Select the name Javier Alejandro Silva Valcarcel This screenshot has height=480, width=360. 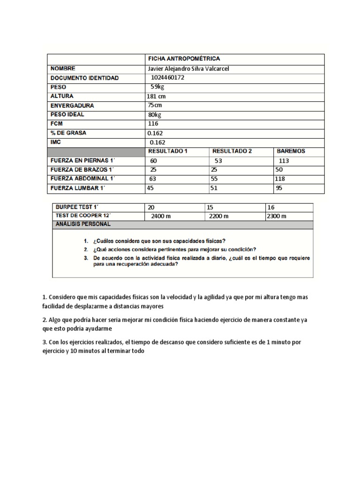tap(188, 68)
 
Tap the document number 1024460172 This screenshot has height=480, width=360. tap(168, 78)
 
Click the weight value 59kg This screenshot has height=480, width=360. tap(157, 87)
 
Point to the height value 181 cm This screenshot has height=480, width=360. tap(156, 96)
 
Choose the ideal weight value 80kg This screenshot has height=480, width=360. tap(155, 114)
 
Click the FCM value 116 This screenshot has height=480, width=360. tap(153, 124)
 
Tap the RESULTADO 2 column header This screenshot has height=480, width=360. tap(232, 151)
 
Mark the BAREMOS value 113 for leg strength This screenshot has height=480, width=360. tap(285, 160)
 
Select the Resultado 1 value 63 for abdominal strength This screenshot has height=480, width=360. tap(153, 179)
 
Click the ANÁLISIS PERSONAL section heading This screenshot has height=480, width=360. tap(83, 225)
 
